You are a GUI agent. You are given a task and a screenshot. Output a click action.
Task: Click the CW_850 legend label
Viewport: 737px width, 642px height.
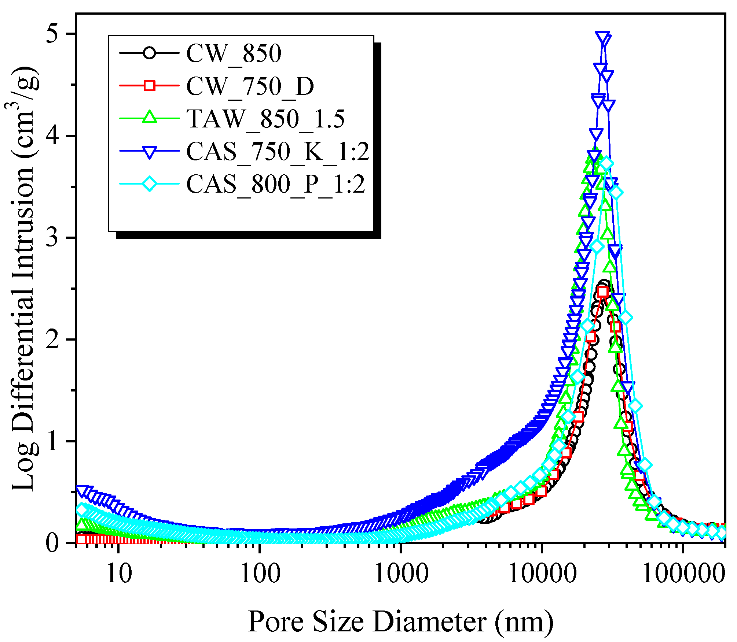click(234, 53)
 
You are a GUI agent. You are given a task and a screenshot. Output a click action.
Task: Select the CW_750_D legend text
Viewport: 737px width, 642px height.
click(250, 86)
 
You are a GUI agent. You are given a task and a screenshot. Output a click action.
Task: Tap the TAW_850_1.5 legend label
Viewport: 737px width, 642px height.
click(265, 119)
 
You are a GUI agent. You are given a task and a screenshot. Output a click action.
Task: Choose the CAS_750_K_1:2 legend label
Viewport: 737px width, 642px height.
click(278, 151)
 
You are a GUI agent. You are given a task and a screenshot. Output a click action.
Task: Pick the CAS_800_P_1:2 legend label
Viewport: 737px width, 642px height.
click(275, 184)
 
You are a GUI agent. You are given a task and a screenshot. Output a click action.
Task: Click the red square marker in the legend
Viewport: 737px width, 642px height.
click(149, 86)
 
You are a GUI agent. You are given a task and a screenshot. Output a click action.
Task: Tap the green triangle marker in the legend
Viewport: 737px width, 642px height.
click(149, 118)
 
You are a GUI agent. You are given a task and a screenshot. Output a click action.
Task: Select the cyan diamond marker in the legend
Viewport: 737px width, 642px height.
click(149, 183)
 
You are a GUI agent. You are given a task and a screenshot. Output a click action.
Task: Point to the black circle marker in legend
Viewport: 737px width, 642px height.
click(149, 53)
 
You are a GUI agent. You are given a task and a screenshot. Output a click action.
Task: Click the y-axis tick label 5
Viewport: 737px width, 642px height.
click(54, 34)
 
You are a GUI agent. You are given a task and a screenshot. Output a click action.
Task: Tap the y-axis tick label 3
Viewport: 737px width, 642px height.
click(54, 238)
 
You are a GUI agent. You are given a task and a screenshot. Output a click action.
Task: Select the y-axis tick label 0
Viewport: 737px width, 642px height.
click(54, 543)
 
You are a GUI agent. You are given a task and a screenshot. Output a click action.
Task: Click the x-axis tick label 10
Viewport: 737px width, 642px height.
click(118, 574)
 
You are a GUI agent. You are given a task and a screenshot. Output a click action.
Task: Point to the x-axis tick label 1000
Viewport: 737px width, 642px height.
click(401, 574)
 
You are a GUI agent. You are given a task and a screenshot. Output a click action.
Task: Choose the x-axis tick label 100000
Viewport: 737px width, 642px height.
click(683, 574)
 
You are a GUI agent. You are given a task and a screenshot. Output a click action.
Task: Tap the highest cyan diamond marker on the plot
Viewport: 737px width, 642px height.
click(606, 164)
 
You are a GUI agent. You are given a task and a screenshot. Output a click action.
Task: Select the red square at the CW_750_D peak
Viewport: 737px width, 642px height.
click(603, 292)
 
